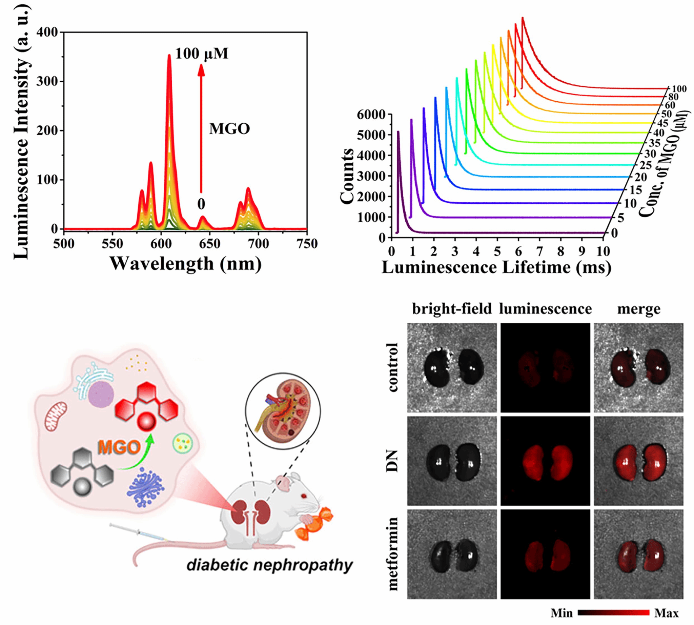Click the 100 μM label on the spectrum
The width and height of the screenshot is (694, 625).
202,54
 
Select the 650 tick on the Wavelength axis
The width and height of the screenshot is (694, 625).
210,243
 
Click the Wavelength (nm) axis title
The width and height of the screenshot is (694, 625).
185,264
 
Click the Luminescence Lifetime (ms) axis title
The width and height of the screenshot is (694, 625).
496,267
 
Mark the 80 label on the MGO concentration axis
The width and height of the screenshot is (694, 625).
673,97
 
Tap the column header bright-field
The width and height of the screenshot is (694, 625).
452,309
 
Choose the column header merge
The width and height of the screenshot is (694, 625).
639,309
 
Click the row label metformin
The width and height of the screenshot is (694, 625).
392,554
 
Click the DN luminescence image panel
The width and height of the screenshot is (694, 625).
545,461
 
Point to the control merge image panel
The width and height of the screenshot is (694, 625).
639,367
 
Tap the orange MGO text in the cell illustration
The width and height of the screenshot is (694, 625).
119,447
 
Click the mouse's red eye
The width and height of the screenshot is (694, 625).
304,496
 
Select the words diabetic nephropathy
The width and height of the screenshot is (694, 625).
269,565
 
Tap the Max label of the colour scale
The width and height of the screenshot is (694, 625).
666,613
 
